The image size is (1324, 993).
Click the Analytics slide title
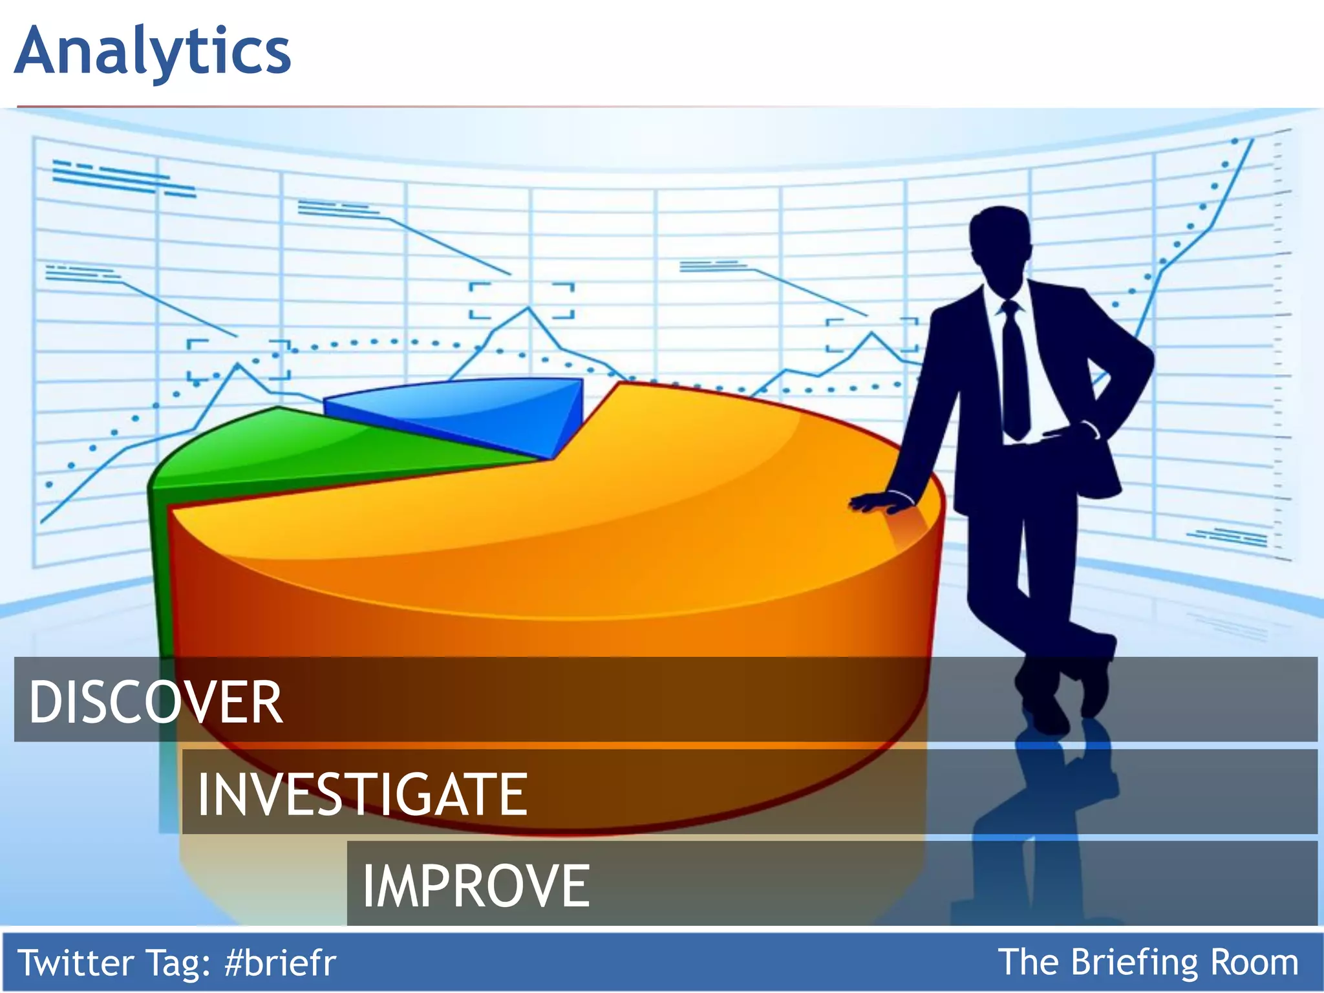click(x=153, y=52)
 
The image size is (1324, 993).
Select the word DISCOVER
click(x=155, y=702)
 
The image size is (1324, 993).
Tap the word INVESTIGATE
click(x=362, y=794)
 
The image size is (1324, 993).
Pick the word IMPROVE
click(x=476, y=886)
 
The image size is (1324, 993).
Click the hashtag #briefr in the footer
click(x=281, y=963)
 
